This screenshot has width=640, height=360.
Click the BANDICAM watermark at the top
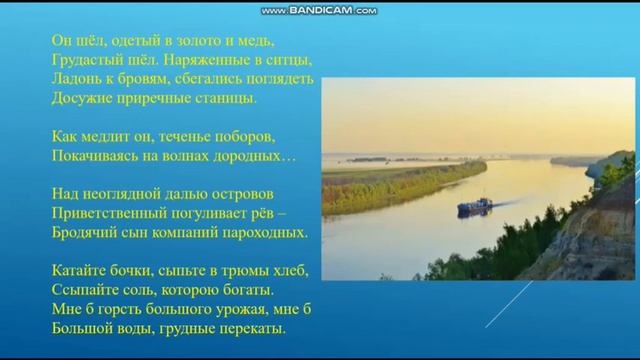coord(319,10)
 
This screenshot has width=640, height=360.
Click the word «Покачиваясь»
coord(96,156)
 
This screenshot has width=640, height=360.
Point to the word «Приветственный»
coord(106,213)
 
